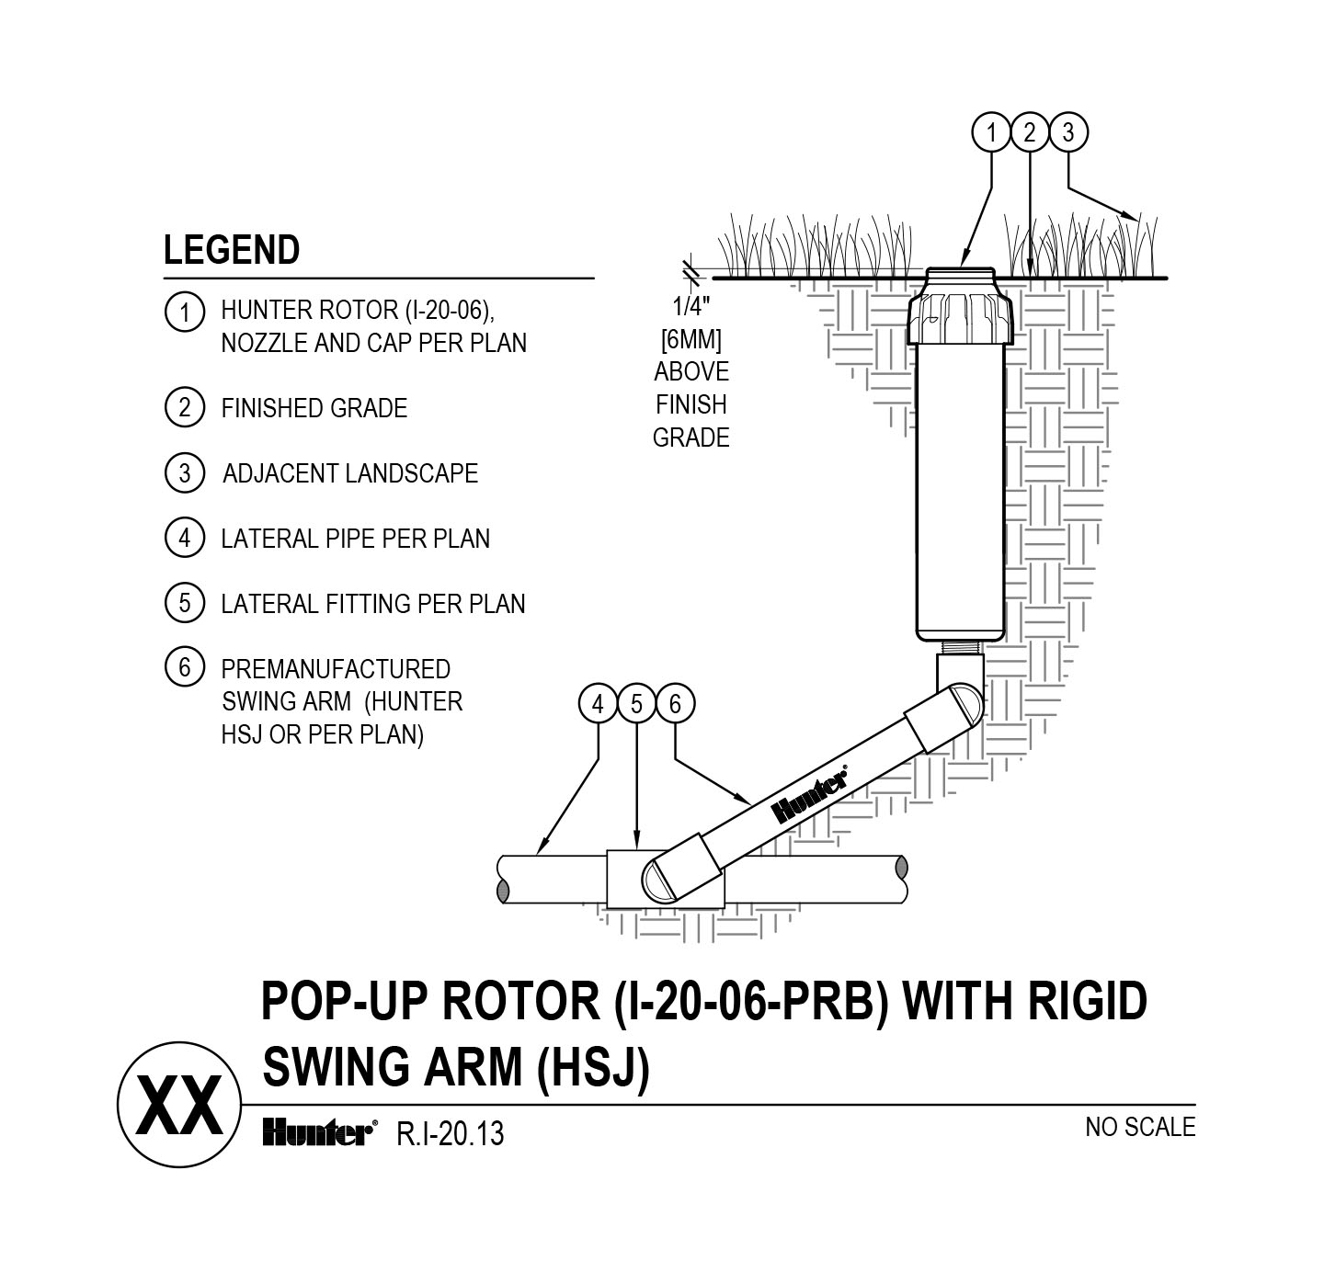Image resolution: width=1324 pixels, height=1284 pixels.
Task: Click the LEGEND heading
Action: tap(232, 250)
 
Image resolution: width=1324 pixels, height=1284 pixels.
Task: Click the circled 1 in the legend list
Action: tap(184, 312)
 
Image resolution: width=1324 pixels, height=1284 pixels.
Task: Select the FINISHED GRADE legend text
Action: tap(314, 408)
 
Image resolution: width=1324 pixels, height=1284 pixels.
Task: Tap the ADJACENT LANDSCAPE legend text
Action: tap(350, 473)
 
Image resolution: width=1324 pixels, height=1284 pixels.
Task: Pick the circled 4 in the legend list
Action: tap(184, 538)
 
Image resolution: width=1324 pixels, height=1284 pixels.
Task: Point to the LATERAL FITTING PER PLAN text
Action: tap(372, 604)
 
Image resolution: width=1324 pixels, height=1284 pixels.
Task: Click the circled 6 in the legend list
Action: tap(184, 667)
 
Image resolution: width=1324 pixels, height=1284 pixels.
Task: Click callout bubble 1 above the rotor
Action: tap(991, 133)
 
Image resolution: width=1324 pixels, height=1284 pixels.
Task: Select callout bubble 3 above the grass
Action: tap(1067, 133)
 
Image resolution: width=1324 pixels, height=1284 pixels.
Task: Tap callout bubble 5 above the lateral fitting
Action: tap(636, 705)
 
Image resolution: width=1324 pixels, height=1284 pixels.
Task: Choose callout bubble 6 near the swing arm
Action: tap(675, 705)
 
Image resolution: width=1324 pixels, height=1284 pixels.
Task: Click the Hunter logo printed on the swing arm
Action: tap(809, 796)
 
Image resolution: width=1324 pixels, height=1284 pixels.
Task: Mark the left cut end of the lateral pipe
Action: tap(502, 880)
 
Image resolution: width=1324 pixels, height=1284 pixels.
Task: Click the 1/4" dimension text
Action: tap(691, 306)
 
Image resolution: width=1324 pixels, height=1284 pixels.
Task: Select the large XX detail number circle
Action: tap(179, 1105)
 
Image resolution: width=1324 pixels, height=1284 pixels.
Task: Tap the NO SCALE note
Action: tap(1139, 1127)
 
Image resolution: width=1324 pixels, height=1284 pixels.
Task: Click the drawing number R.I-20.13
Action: tap(450, 1134)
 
